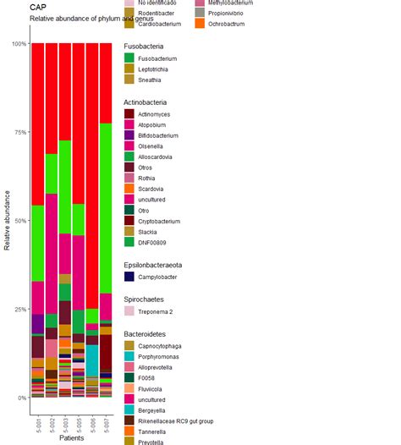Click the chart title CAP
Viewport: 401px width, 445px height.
(38, 7)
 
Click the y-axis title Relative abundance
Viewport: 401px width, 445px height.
(8, 220)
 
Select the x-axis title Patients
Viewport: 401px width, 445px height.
(71, 437)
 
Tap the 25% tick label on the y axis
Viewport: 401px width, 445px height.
(18, 309)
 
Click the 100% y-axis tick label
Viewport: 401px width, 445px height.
(16, 44)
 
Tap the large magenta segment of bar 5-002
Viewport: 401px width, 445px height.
(51, 254)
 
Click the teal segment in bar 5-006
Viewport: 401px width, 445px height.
(91, 360)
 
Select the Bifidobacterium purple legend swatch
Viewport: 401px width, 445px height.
(129, 135)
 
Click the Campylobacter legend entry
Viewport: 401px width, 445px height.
(158, 277)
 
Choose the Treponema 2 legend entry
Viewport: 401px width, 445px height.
(157, 311)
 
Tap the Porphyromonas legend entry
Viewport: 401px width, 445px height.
(161, 357)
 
